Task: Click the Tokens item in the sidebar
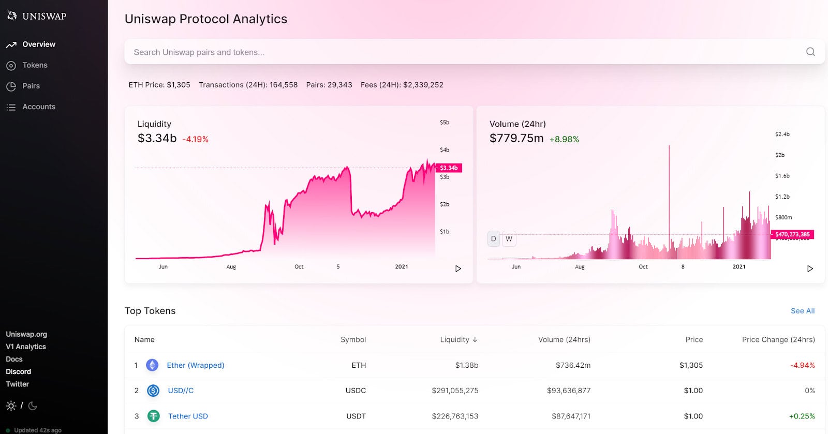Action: [x=35, y=65]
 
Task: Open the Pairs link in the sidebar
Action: [x=31, y=86]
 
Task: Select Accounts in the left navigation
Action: [x=38, y=107]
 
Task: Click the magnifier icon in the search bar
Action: [x=810, y=52]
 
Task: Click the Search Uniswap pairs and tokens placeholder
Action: [x=199, y=52]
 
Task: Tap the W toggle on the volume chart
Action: [x=509, y=238]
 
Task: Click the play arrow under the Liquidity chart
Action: [x=458, y=268]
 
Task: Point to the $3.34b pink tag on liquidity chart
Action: [x=449, y=168]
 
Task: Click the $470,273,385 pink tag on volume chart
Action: [x=792, y=234]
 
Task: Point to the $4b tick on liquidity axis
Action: [x=444, y=150]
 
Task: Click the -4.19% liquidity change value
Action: [x=195, y=139]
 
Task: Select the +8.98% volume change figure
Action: [x=564, y=139]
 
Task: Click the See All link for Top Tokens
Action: [x=802, y=311]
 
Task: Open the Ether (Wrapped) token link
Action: [x=195, y=365]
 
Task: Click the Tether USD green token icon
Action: [x=154, y=416]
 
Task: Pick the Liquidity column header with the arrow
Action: [x=459, y=339]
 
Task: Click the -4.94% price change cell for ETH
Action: [x=802, y=365]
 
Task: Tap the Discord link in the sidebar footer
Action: [x=19, y=371]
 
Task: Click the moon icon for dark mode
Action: [x=33, y=406]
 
